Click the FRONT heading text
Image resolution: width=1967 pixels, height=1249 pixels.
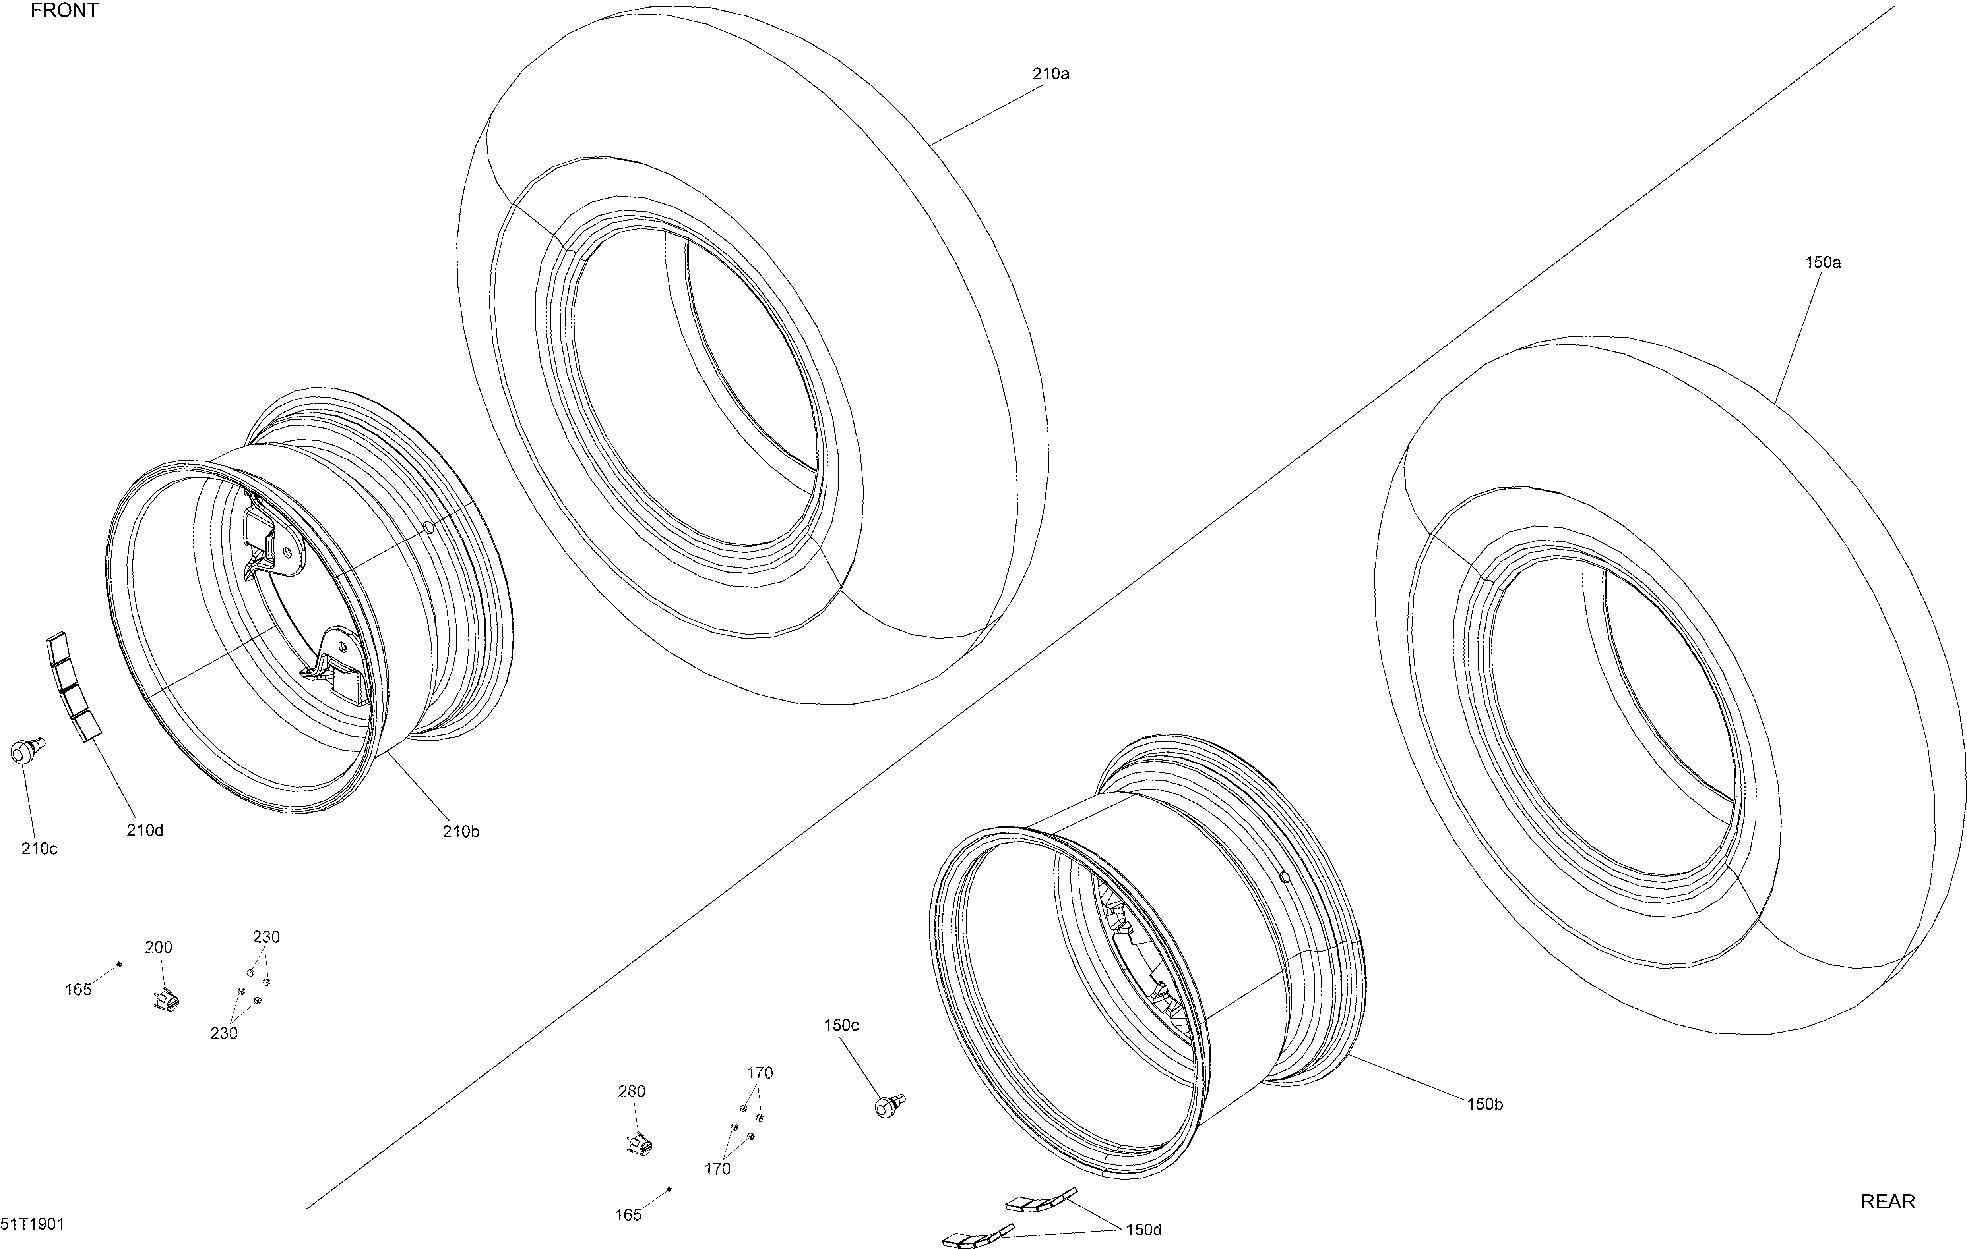[x=64, y=11]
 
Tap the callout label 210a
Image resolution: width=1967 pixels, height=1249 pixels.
[x=1050, y=73]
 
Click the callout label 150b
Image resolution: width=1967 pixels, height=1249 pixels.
[x=1484, y=1104]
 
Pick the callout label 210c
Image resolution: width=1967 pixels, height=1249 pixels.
[x=39, y=849]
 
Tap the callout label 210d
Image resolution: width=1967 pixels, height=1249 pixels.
[x=145, y=830]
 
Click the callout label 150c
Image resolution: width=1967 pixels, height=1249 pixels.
[x=841, y=1025]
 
